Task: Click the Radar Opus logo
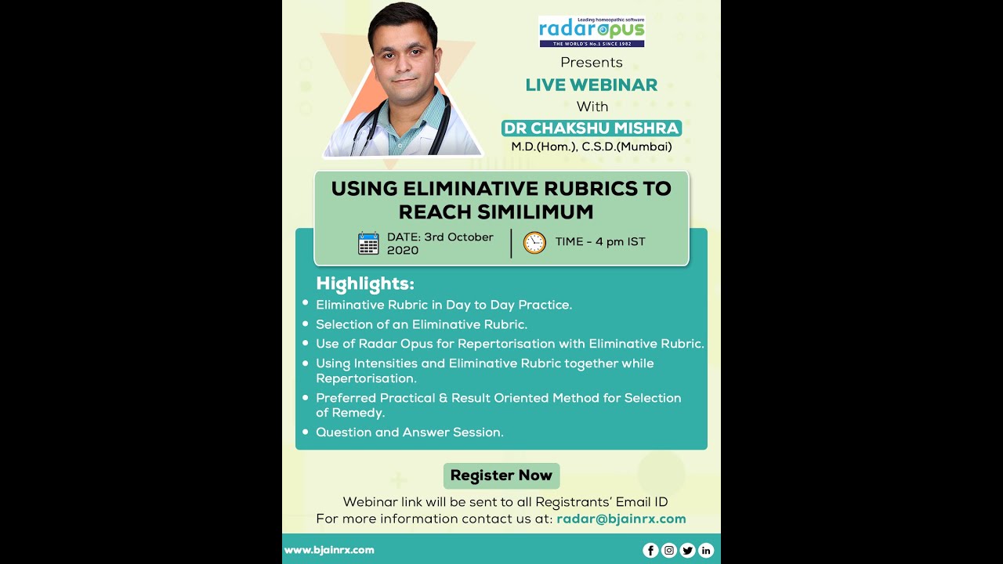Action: [592, 31]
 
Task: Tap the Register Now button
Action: [501, 475]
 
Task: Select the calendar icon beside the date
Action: [368, 244]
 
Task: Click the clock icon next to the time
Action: [534, 243]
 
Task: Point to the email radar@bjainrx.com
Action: [621, 519]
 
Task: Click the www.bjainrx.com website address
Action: [329, 550]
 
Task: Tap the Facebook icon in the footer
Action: [650, 550]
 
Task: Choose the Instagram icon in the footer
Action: [669, 550]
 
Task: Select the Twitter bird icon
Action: [687, 550]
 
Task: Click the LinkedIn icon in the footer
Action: [706, 550]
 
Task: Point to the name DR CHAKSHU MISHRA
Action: [592, 128]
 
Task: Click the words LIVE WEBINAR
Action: [592, 85]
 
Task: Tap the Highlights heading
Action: [365, 284]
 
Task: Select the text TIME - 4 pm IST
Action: [600, 241]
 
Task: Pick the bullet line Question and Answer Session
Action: [410, 432]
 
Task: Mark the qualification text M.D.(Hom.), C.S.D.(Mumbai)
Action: [592, 146]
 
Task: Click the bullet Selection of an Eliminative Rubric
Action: [422, 324]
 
